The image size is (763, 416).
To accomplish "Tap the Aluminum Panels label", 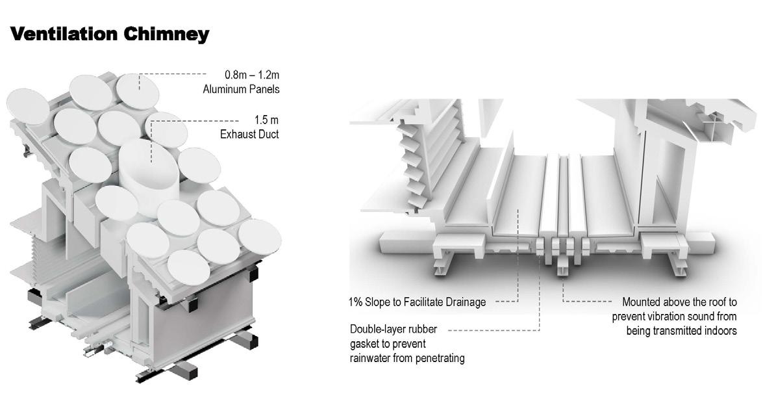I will [241, 89].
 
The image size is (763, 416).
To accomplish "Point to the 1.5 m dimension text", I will [266, 121].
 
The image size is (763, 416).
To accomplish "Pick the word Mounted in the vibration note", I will [642, 302].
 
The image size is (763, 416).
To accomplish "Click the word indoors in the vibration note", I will [718, 330].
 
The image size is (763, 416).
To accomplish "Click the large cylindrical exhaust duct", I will [149, 172].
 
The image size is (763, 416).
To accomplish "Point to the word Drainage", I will [464, 302].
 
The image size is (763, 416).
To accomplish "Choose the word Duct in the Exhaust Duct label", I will [268, 135].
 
